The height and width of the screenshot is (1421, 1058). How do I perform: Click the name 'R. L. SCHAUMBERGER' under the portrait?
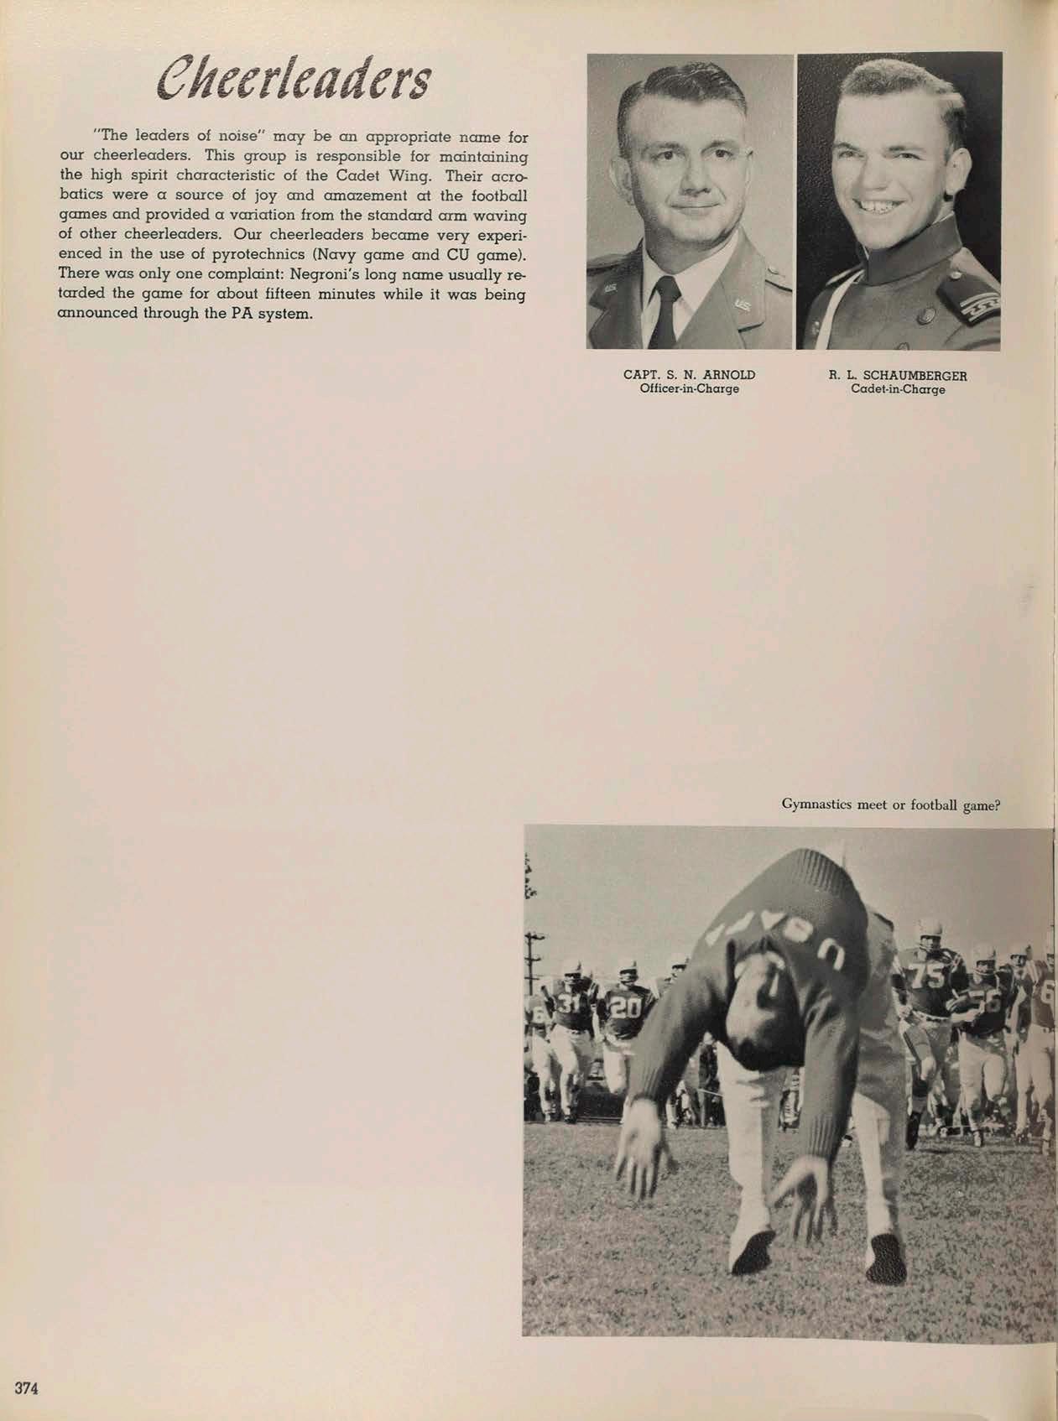tap(898, 376)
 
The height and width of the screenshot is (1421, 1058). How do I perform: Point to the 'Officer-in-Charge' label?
tap(689, 389)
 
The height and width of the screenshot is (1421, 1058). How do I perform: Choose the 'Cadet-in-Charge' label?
tap(898, 389)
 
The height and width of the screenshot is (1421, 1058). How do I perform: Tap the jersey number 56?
tap(988, 1002)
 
